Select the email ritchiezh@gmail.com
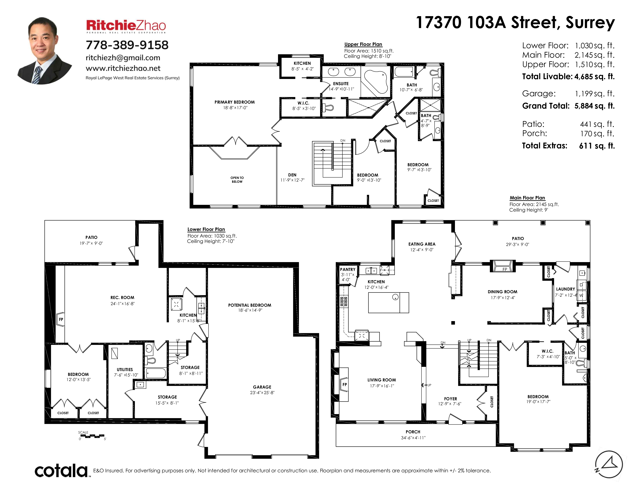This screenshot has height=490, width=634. click(x=123, y=58)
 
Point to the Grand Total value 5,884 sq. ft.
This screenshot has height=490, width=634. click(x=595, y=106)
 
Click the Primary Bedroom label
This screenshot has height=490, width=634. click(x=235, y=102)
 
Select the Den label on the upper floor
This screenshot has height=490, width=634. click(x=292, y=175)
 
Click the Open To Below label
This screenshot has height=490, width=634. click(x=237, y=180)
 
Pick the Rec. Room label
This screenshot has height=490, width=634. click(x=122, y=297)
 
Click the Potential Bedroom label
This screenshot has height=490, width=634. click(x=250, y=305)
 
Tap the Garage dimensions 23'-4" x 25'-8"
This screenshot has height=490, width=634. click(x=262, y=393)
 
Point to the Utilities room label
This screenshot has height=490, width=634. click(x=125, y=370)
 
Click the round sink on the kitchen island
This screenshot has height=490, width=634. click(x=395, y=297)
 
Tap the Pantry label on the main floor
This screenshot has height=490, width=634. click(x=348, y=269)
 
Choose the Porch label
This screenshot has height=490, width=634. click(x=413, y=432)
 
